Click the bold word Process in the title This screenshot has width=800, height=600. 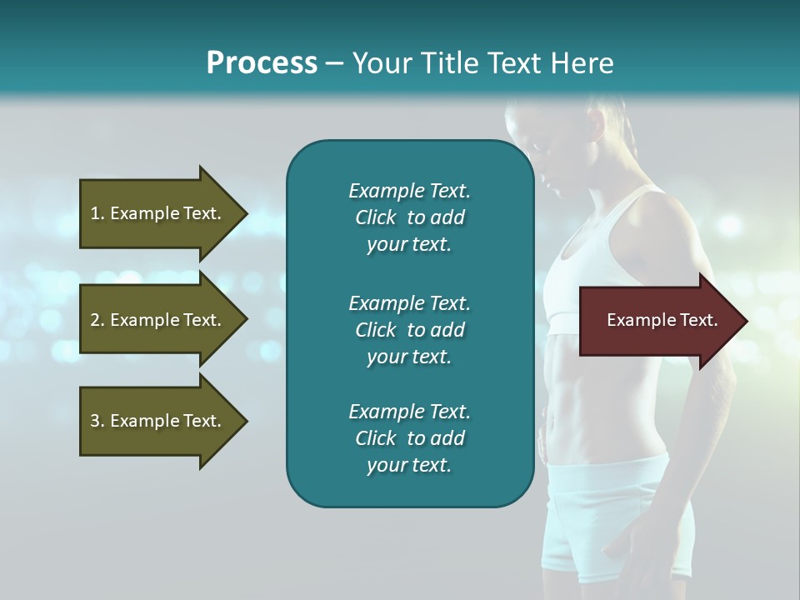[x=262, y=63]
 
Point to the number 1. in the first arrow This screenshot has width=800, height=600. [x=97, y=213]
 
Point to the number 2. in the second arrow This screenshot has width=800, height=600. [x=97, y=320]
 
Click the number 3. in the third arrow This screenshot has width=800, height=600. [x=97, y=421]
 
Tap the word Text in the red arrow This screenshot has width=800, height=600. [x=699, y=321]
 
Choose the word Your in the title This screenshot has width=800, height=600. [x=383, y=63]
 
